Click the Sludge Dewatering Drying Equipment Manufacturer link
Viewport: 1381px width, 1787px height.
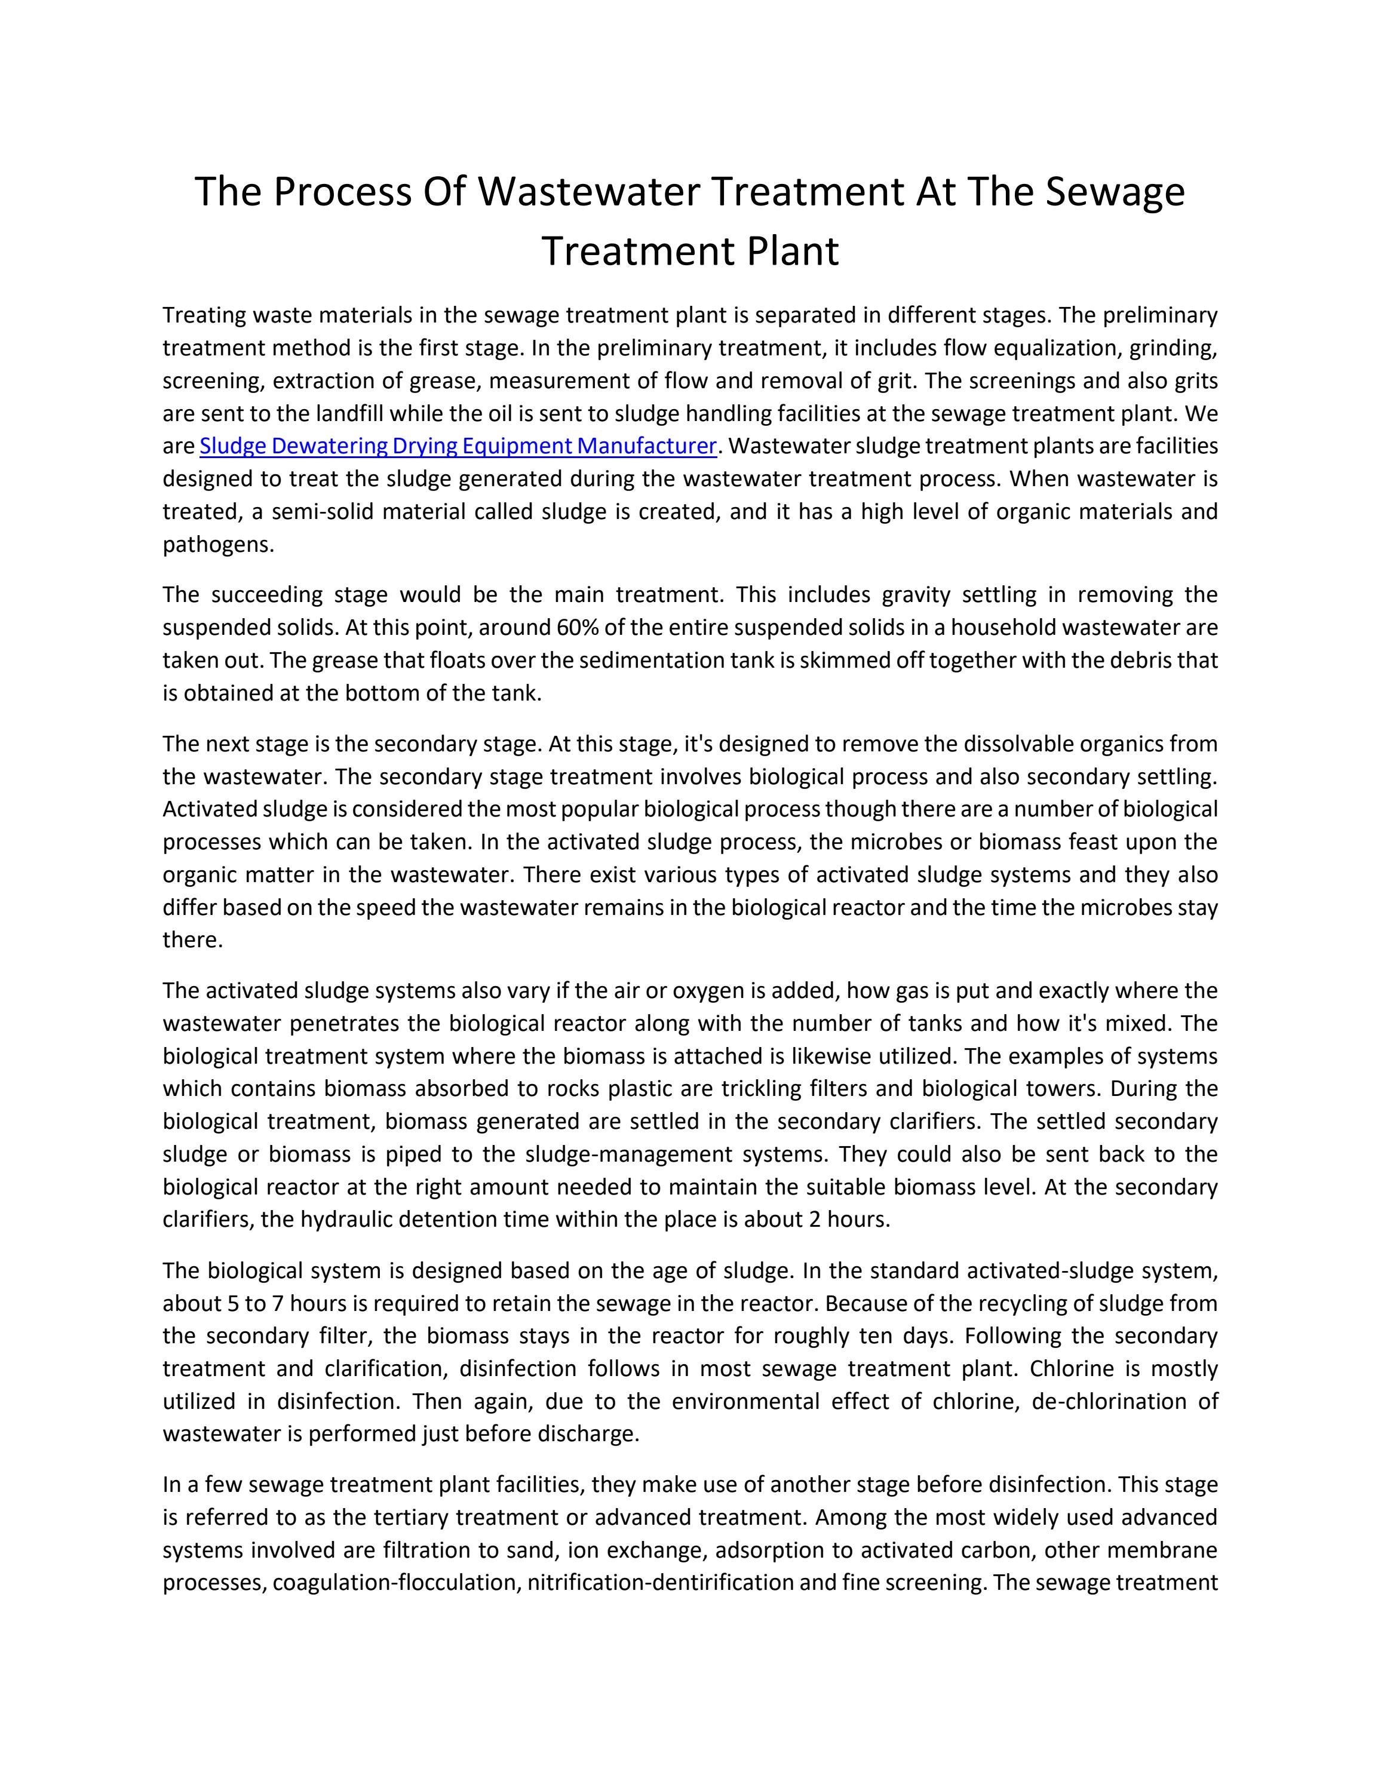(x=458, y=446)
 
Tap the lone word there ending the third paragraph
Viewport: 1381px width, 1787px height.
(x=192, y=940)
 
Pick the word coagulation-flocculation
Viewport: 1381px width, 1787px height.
(x=396, y=1583)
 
